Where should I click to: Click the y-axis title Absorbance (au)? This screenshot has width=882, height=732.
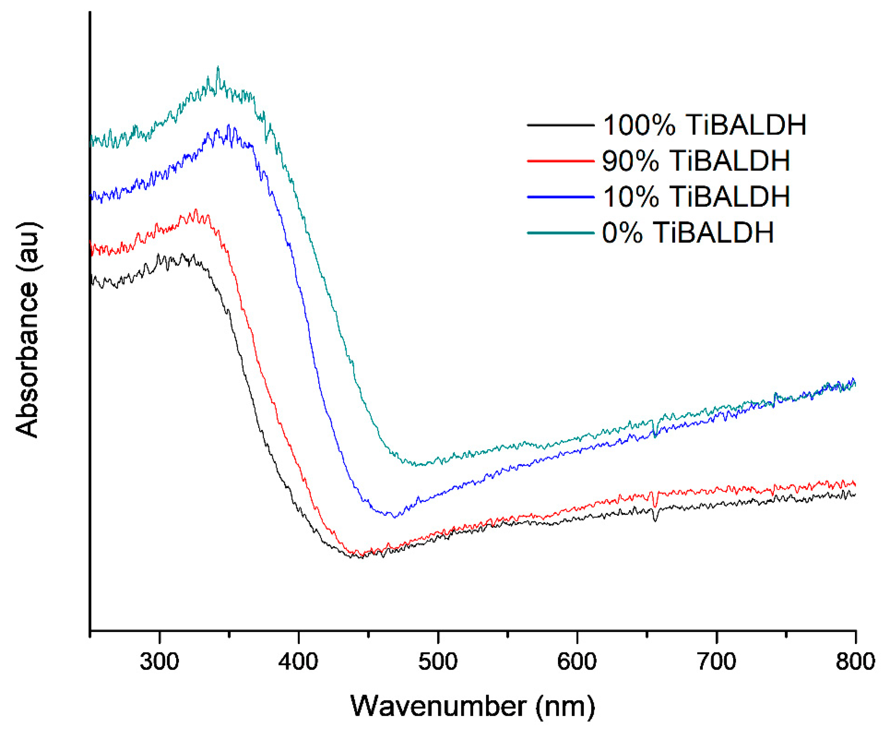[x=28, y=329]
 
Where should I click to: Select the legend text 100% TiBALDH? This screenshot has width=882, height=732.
[x=704, y=125]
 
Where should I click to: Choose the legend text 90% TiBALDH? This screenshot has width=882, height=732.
[x=696, y=161]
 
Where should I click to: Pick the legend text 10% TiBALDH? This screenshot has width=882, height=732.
[x=696, y=196]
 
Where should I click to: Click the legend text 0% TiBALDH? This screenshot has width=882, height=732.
[x=688, y=232]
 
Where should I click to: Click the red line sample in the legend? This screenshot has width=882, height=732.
[x=560, y=161]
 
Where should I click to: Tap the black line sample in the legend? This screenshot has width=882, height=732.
[x=560, y=125]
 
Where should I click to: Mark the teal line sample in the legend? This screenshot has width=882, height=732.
[x=560, y=232]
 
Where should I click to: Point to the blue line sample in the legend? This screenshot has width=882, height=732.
[x=560, y=196]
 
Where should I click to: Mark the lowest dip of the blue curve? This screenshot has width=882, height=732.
[x=394, y=517]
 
